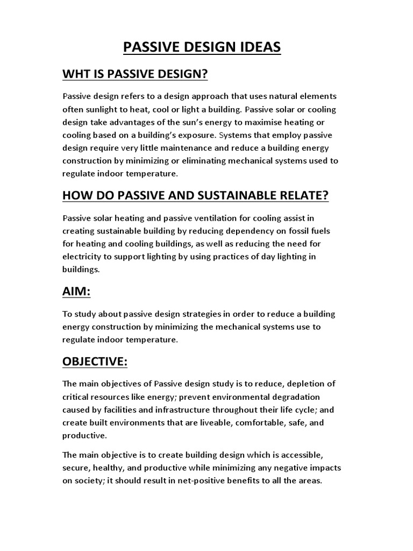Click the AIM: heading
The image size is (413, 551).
(76, 292)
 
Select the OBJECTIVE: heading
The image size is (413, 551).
(95, 362)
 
